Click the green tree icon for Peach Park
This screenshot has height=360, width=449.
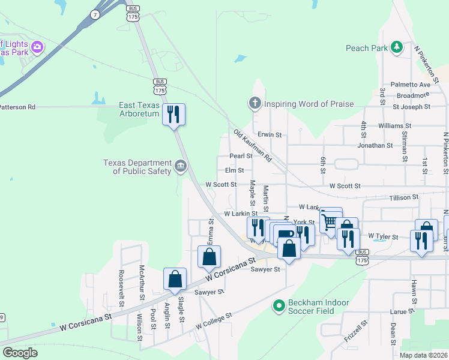[396, 47]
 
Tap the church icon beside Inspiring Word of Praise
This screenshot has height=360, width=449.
[255, 104]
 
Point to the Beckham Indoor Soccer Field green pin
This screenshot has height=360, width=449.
[278, 307]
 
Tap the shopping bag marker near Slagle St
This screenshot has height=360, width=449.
[175, 279]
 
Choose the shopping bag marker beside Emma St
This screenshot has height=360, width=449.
[209, 257]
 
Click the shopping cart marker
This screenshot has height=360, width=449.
[330, 221]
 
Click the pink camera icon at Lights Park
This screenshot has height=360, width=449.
[37, 46]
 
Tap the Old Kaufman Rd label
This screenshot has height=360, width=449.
[253, 146]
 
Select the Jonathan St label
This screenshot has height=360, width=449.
[375, 145]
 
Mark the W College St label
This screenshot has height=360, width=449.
[214, 322]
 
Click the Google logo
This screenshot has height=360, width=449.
[20, 353]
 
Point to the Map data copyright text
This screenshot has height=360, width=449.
[423, 355]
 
